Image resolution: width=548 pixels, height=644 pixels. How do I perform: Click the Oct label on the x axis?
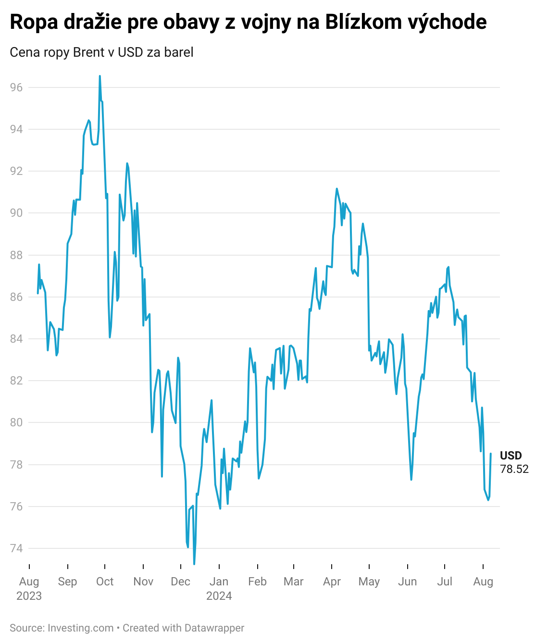[x=105, y=582]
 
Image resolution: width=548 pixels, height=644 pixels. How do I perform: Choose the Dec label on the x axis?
[x=180, y=582]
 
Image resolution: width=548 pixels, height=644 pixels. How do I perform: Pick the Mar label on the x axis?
[x=293, y=582]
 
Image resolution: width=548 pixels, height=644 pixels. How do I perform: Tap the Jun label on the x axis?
[x=407, y=582]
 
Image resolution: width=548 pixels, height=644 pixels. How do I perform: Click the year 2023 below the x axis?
[x=29, y=596]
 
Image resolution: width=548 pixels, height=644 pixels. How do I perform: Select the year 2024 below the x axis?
[x=219, y=596]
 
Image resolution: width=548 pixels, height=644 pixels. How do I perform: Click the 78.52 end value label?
[x=514, y=469]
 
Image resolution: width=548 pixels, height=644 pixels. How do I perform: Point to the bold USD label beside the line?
[x=511, y=456]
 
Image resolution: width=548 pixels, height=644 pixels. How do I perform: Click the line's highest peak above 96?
[x=100, y=76]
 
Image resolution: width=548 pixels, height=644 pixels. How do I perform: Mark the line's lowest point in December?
[x=194, y=564]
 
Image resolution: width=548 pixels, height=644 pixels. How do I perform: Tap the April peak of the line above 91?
[x=336, y=188]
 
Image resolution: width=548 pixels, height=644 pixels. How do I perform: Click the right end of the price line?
[x=490, y=454]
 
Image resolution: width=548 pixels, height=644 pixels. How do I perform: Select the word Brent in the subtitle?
[x=89, y=52]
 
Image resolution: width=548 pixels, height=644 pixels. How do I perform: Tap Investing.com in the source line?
[x=80, y=628]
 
